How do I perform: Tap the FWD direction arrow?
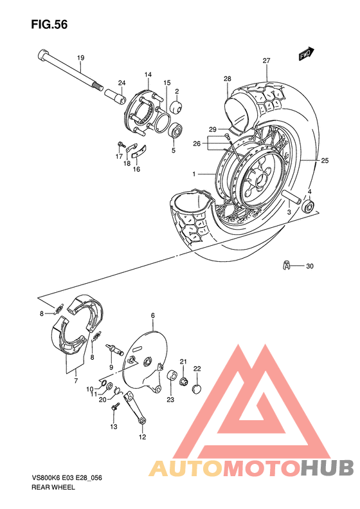pyautogui.click(x=305, y=55)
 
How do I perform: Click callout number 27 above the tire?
pyautogui.click(x=266, y=61)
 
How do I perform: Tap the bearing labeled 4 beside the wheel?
pyautogui.click(x=309, y=207)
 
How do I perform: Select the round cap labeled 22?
pyautogui.click(x=197, y=387)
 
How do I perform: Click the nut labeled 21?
pyautogui.click(x=183, y=382)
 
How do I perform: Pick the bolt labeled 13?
pyautogui.click(x=116, y=408)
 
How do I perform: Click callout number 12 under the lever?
pyautogui.click(x=142, y=438)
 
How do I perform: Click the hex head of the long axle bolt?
pyautogui.click(x=43, y=55)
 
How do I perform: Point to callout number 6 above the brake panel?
pyautogui.click(x=153, y=315)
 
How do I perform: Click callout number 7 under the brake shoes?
pyautogui.click(x=75, y=381)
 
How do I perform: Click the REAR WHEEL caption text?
pyautogui.click(x=48, y=488)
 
